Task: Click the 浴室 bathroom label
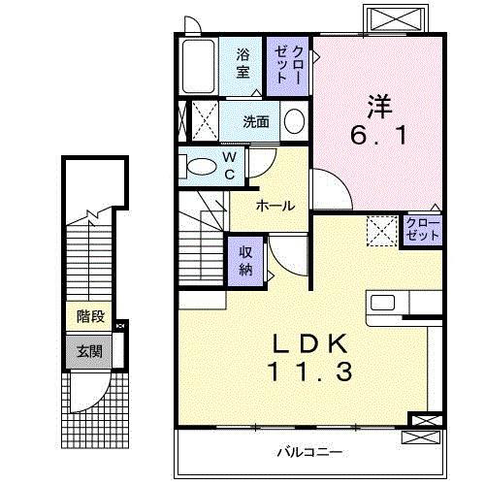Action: [x=242, y=63]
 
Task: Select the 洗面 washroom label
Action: [x=256, y=122]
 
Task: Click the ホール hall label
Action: [x=275, y=206]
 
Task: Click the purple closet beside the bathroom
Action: [x=288, y=65]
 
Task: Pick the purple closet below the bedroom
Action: [x=423, y=231]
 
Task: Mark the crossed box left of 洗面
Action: [x=205, y=122]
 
